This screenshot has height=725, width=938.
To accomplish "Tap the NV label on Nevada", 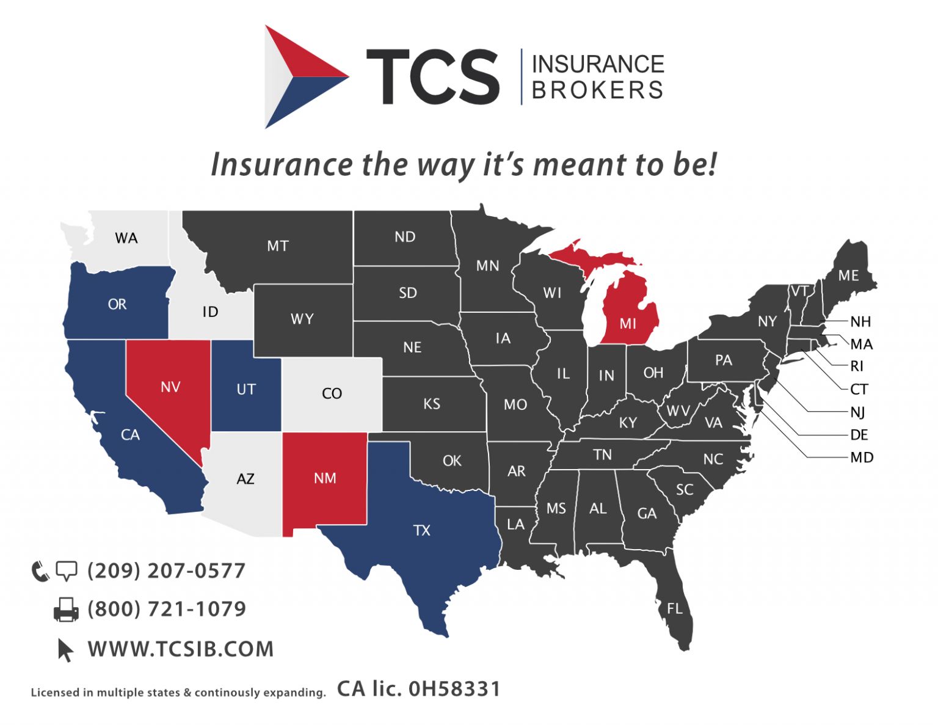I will coord(170,387).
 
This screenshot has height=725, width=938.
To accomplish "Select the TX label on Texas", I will coord(422,530).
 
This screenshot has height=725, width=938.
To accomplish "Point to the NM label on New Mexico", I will coord(325,478).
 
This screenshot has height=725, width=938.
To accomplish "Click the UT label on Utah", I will coord(246,389).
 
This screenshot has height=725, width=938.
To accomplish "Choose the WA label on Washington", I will coord(126,238).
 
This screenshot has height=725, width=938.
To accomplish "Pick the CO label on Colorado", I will coord(332,393).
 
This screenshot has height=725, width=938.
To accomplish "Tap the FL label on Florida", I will coord(674,608).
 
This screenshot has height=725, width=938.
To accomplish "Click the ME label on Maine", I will coord(848,275).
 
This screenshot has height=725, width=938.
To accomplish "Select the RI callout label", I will coord(857,366).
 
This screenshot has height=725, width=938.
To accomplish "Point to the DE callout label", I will coord(859,435).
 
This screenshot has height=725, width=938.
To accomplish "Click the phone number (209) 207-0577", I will coord(166,570).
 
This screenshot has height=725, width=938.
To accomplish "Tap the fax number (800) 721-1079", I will coord(167,609).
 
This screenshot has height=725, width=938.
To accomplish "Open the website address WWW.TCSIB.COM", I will coord(181,649).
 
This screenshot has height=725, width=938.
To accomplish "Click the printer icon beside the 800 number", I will coord(66,610).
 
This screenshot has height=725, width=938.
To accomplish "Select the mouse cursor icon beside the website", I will coord(65,650).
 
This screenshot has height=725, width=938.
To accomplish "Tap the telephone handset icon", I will coord(40,571).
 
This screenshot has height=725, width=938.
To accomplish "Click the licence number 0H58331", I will coord(454,689).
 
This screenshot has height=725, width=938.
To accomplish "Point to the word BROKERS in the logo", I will coord(597,90).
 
